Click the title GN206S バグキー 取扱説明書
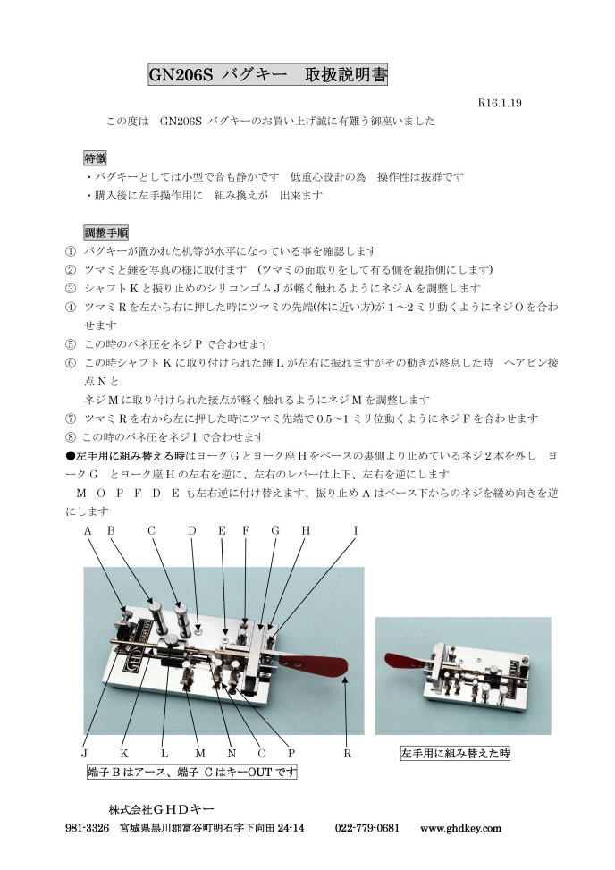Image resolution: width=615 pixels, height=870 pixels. coord(267,75)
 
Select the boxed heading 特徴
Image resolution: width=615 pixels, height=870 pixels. coord(95,157)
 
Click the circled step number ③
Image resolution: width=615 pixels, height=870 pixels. coord(72,288)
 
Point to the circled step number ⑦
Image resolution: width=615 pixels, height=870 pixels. coord(72,418)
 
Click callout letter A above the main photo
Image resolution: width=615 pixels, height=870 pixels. coord(88,530)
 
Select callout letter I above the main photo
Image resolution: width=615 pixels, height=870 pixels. coord(355,530)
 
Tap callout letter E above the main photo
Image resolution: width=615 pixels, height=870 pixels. coord(222,530)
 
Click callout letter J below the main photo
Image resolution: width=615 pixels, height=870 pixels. coord(84,754)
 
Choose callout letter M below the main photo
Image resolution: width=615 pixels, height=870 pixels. coord(199,754)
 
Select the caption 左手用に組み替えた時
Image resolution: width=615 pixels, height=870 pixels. coord(454,754)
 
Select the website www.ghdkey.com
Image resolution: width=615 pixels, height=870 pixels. coord(460,828)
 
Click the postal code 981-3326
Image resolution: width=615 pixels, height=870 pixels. coord(88,828)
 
